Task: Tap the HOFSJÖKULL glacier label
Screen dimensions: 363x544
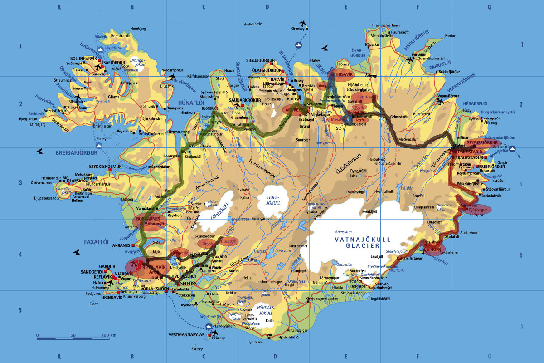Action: pyautogui.click(x=273, y=200)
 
